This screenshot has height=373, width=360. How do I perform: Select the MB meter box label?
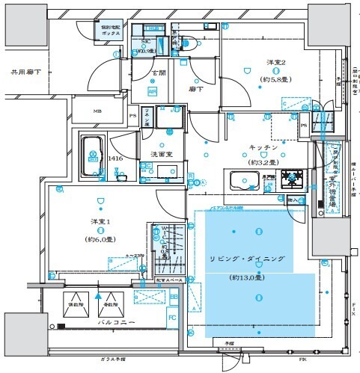(x=97, y=113)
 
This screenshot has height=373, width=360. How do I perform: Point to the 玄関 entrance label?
(x=160, y=73)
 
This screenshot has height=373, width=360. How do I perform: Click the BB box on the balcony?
(x=173, y=297)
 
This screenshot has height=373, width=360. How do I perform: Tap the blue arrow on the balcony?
(x=98, y=295)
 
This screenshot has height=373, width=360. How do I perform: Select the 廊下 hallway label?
(x=197, y=87)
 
